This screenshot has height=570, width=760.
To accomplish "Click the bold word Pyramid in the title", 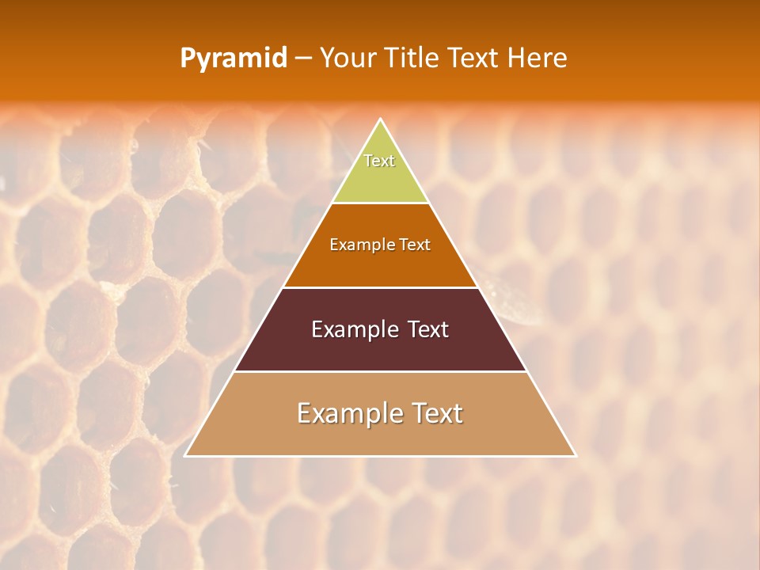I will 234,59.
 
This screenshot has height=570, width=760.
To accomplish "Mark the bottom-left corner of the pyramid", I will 186,455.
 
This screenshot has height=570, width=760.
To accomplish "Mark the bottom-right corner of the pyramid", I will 575,455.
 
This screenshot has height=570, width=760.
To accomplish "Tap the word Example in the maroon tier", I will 351,329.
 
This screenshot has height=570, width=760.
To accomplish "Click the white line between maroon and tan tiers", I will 380,371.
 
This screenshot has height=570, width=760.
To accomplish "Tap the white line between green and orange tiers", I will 380,203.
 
